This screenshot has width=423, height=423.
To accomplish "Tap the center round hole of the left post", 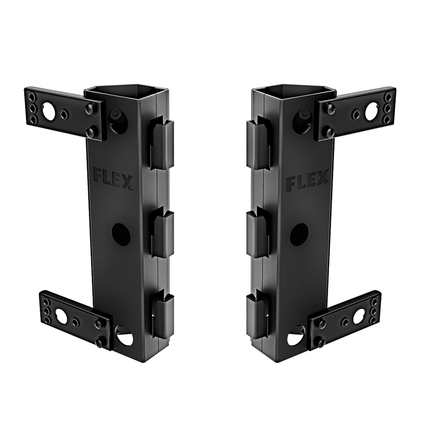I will (121, 233).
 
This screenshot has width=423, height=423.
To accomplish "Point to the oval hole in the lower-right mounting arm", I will (358, 316).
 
